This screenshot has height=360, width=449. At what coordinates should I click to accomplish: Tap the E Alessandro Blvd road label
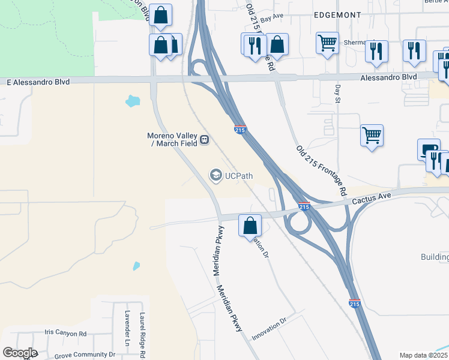(x=38, y=82)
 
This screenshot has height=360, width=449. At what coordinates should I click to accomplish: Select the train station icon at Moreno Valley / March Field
(x=205, y=140)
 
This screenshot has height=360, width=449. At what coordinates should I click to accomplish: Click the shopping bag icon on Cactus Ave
(x=250, y=226)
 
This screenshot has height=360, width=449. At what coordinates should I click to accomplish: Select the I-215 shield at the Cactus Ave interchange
(x=304, y=206)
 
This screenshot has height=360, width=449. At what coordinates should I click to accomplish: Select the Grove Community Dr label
(x=85, y=355)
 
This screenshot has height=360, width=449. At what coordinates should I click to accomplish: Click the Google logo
(x=20, y=353)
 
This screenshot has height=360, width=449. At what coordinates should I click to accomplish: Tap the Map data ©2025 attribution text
(x=424, y=355)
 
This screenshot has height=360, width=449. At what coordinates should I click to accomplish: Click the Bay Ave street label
(x=272, y=18)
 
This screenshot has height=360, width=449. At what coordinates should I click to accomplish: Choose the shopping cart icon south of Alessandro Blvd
(x=372, y=136)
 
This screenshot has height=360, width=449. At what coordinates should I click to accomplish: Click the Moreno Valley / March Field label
(x=173, y=139)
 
